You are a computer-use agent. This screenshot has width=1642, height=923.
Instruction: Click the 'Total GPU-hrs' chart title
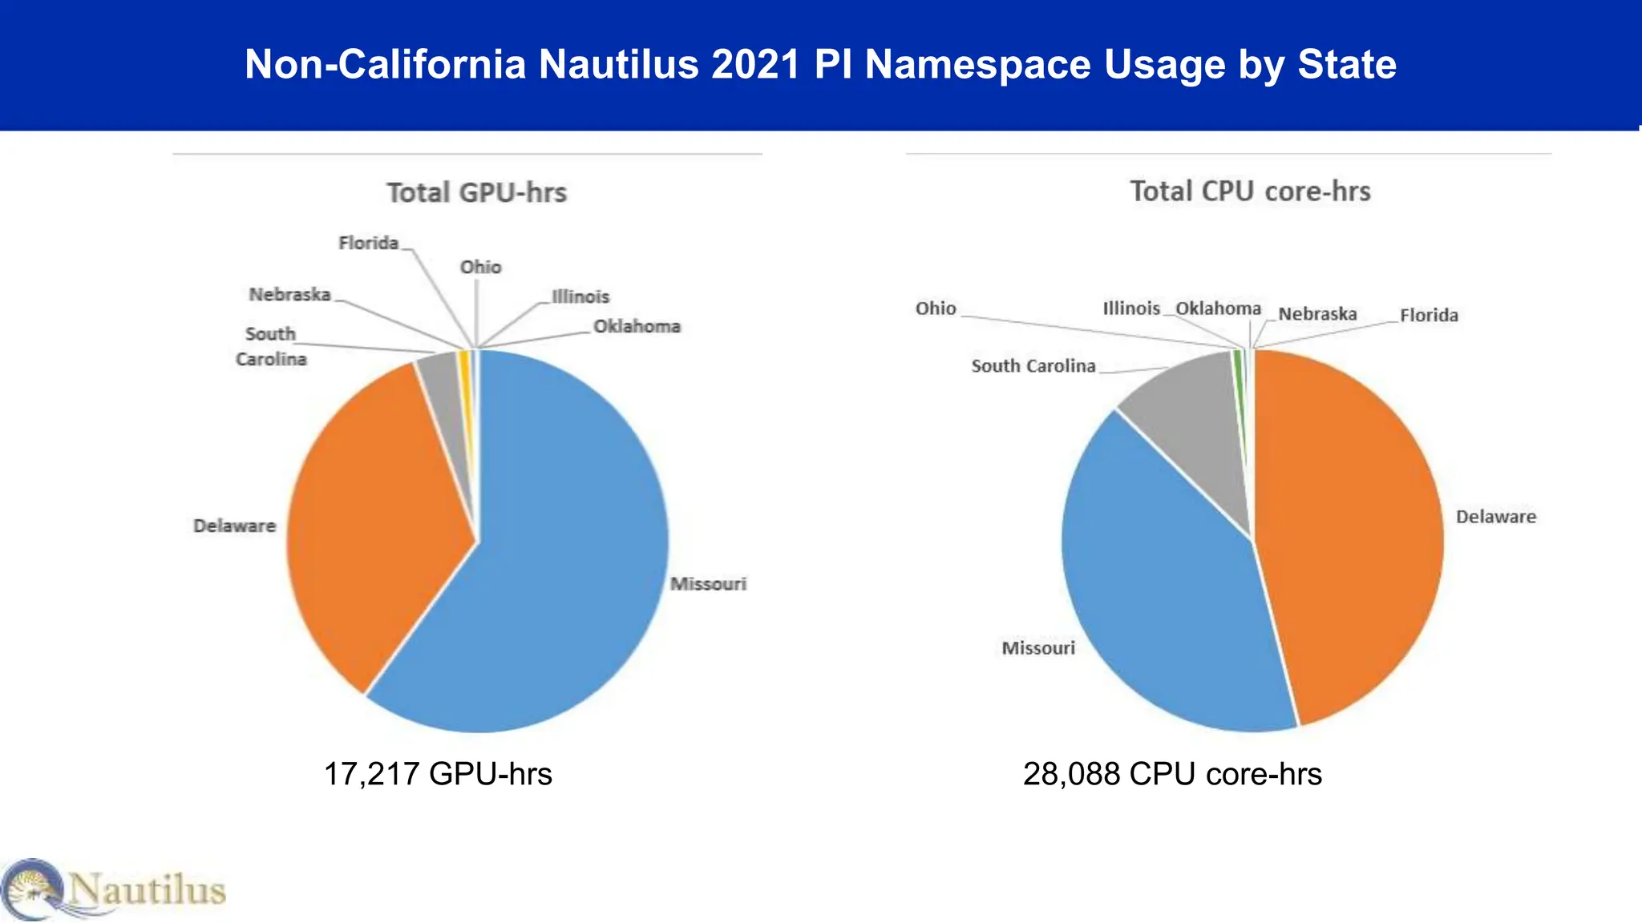point(476,193)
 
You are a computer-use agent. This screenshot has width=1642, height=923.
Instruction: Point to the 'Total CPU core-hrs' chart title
point(1250,191)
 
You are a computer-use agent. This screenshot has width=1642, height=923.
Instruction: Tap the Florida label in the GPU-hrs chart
point(368,243)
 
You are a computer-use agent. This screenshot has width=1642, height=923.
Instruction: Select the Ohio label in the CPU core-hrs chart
point(936,308)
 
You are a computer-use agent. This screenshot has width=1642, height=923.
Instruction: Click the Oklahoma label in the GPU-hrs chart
point(637,327)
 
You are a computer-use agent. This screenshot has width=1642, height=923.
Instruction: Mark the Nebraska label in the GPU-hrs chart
point(289,295)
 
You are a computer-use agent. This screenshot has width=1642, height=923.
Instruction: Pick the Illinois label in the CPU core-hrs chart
point(1130,308)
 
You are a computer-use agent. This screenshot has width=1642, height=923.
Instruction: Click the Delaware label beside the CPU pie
point(1495,517)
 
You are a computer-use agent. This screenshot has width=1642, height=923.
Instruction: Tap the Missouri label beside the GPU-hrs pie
point(708,584)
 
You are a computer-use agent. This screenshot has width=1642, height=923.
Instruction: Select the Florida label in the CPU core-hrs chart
point(1429,315)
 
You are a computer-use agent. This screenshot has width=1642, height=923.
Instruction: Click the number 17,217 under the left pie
point(370,774)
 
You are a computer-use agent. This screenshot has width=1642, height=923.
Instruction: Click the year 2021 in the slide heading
point(755,64)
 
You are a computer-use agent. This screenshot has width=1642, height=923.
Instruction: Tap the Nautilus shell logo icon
point(32,889)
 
